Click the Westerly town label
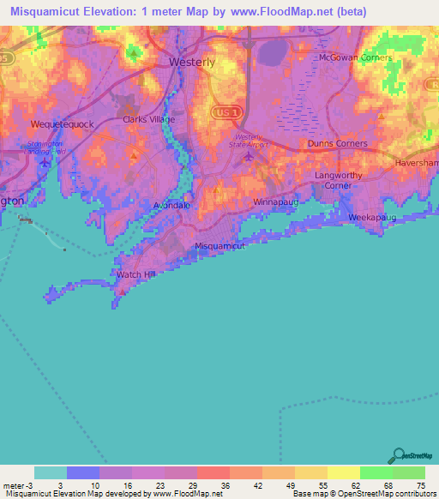[192, 63]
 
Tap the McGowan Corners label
[354, 57]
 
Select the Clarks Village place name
[148, 120]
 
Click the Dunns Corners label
[338, 144]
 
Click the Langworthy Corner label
[340, 180]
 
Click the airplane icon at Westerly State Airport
[249, 156]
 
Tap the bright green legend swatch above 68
[376, 473]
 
